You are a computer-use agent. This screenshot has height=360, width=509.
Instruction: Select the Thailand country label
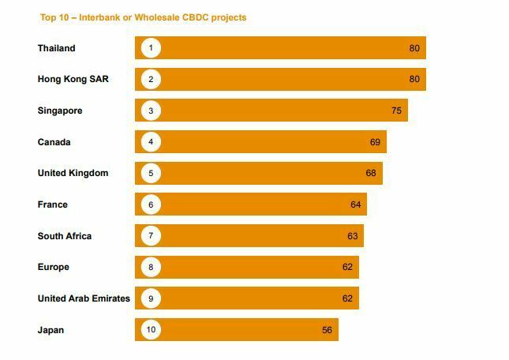coord(57,48)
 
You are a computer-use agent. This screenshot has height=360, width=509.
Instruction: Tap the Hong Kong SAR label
coord(66,80)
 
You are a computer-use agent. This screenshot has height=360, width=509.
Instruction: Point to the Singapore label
coord(60,111)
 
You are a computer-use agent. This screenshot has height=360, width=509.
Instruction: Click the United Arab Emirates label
coord(84,298)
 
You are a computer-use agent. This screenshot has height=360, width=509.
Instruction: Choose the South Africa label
coord(65,236)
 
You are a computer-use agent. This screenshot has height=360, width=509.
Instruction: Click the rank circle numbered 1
coord(151,48)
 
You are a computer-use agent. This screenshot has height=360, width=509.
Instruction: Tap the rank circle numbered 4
coord(151,142)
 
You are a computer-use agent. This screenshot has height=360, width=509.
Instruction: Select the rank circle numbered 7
coord(151,236)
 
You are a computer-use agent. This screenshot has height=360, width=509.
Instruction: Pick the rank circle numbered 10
coord(151,330)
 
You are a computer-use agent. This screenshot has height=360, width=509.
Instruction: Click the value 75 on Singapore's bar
coord(396,111)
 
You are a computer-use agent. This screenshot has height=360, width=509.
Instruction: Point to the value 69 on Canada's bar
coord(375,142)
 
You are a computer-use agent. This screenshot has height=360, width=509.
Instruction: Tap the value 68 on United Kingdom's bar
coord(371,174)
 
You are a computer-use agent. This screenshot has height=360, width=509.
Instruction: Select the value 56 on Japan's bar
coord(327,330)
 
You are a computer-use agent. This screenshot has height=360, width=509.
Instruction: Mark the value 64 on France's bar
coord(356,204)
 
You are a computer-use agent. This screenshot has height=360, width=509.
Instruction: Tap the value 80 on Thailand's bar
coord(414,48)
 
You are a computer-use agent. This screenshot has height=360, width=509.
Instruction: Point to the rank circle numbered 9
coord(151,298)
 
